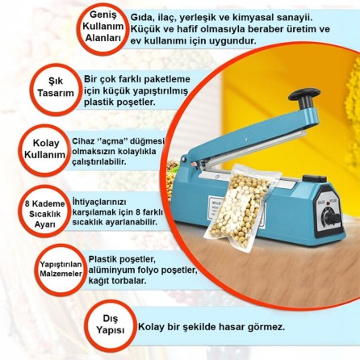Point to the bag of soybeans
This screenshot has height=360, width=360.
[x=241, y=207]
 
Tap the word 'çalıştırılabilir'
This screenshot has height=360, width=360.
[x=98, y=162]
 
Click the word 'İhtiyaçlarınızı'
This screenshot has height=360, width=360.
[x=99, y=203]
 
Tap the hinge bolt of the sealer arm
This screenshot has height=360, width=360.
[x=184, y=159]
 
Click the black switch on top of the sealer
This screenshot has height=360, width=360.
[x=315, y=178]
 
